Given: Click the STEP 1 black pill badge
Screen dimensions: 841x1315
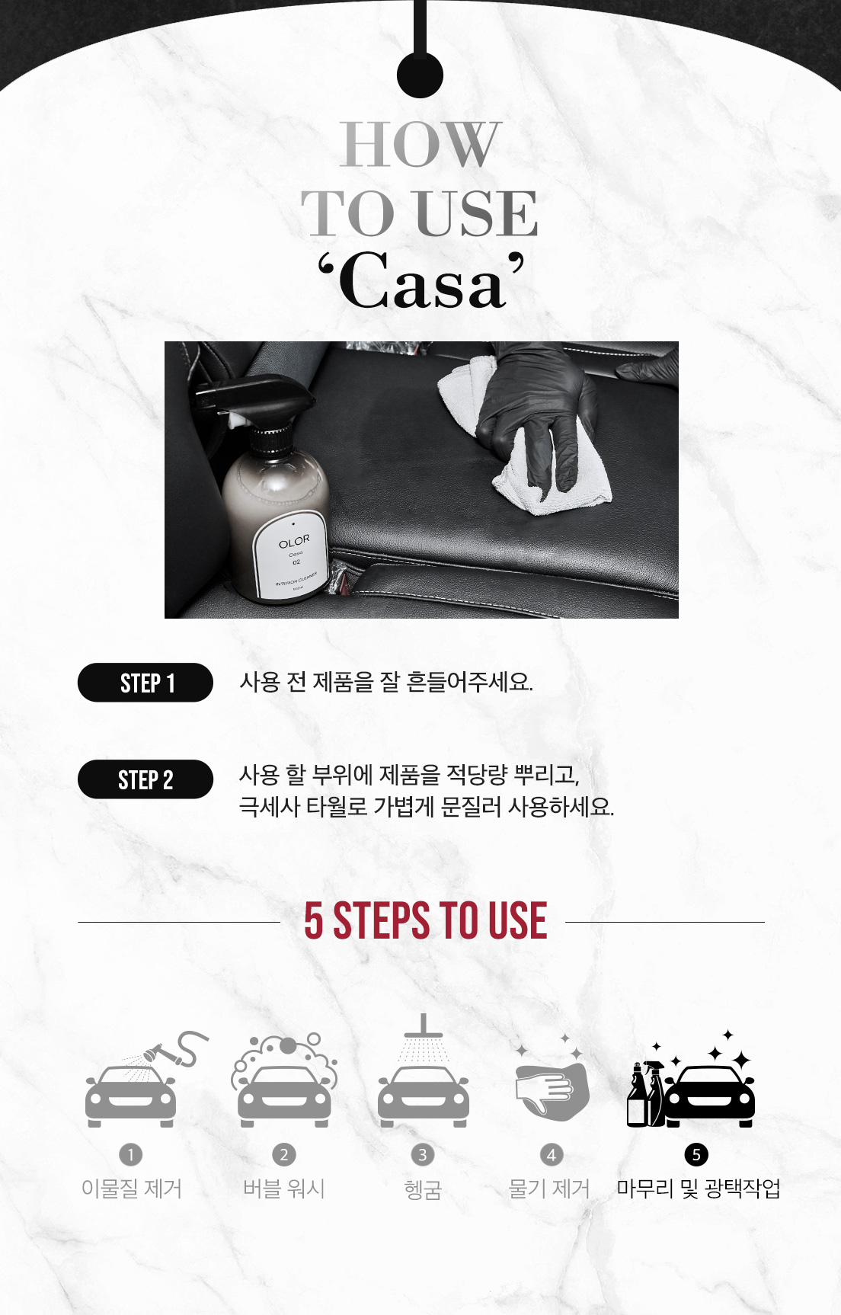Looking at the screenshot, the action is click(145, 683).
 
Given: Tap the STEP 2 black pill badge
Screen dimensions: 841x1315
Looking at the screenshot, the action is click(145, 779).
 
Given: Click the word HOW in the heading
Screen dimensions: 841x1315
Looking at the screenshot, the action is click(420, 144).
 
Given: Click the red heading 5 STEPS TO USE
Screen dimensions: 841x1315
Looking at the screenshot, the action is click(425, 920).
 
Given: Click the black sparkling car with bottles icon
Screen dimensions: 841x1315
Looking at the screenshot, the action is click(692, 1082).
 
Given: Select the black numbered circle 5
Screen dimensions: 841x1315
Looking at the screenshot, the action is click(696, 1155).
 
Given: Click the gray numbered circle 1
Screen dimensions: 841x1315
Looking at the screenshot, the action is click(131, 1155).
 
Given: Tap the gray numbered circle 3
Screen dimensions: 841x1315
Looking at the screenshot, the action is click(423, 1155).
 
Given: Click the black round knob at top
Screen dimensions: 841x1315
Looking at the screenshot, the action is click(420, 74).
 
